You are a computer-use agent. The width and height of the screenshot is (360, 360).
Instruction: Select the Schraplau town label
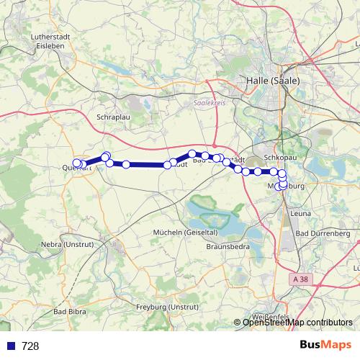[112, 115]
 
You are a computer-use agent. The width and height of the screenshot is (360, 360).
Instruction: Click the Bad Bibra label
[70, 312]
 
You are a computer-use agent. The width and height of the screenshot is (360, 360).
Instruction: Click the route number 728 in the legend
[30, 346]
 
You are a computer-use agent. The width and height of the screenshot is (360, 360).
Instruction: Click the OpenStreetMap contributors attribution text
[297, 323]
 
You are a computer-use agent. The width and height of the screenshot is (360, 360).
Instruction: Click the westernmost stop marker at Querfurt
[77, 163]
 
